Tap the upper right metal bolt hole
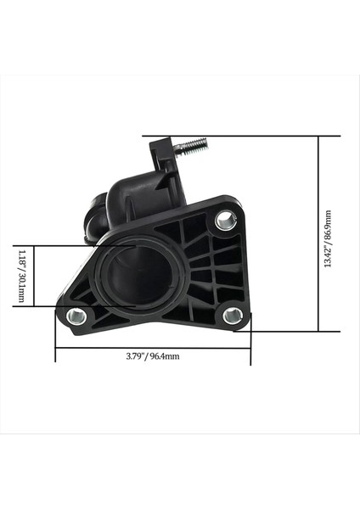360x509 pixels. tap(225, 221)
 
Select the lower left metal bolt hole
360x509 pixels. tap(75, 318)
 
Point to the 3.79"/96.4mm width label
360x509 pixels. tap(153, 356)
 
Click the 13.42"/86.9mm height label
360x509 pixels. tap(328, 239)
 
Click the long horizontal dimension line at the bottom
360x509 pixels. tap(153, 347)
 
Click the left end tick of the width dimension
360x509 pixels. tap(56, 347)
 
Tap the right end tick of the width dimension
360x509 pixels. tap(251, 347)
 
